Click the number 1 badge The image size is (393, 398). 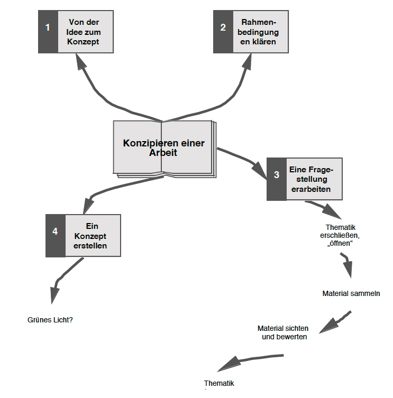(x=48, y=27)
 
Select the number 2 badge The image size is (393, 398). (x=223, y=27)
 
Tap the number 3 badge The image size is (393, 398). (x=276, y=175)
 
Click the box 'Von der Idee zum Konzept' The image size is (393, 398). (x=84, y=32)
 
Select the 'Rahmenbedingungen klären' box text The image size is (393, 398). (x=259, y=32)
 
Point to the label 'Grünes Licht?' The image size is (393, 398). (x=50, y=320)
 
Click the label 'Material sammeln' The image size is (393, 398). (x=351, y=292)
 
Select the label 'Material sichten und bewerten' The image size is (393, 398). (x=285, y=332)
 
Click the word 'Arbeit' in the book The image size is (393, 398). (x=163, y=152)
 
